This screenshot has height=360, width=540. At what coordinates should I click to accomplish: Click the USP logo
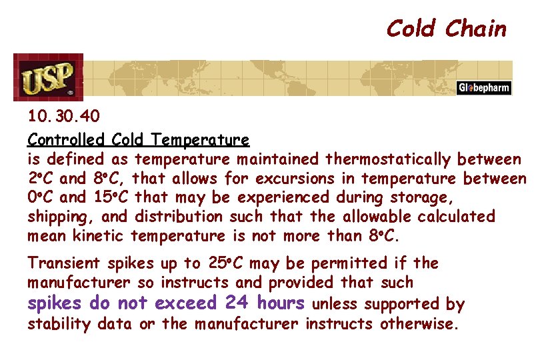click(x=48, y=77)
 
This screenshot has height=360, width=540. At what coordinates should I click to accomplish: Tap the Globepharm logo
click(x=484, y=88)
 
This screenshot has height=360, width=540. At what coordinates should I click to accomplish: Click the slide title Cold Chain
click(x=446, y=29)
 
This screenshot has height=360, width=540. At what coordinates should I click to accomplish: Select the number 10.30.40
click(x=63, y=117)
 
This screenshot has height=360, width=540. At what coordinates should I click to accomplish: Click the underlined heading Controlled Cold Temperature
click(x=139, y=140)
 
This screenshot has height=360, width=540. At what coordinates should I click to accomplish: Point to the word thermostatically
click(x=388, y=159)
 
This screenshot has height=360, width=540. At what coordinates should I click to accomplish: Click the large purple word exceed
click(x=185, y=303)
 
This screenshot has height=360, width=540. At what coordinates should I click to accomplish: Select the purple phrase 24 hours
click(x=265, y=303)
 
